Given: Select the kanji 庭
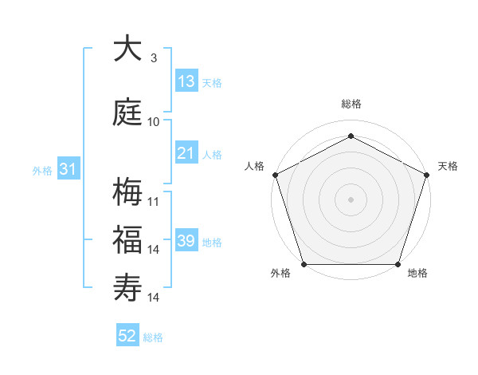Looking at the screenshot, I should click(127, 112).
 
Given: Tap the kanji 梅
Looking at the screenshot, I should click(127, 192).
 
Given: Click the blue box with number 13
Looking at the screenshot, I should click(186, 81).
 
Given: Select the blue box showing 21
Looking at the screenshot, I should click(186, 153).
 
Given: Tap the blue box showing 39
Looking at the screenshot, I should click(186, 241).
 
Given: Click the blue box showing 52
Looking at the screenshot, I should click(127, 336).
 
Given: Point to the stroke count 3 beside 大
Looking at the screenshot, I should click(154, 58).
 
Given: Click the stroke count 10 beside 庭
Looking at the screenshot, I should click(154, 122).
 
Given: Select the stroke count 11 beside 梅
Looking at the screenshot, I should click(154, 201).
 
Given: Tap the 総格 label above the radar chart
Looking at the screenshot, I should click(351, 105).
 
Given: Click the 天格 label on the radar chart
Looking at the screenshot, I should click(448, 167).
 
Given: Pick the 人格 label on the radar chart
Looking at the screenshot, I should click(255, 167).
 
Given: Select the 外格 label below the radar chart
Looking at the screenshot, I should click(280, 274).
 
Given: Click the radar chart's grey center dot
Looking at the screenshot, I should click(351, 199).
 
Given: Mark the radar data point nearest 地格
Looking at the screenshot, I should click(398, 264).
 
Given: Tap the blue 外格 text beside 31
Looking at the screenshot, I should click(42, 170).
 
